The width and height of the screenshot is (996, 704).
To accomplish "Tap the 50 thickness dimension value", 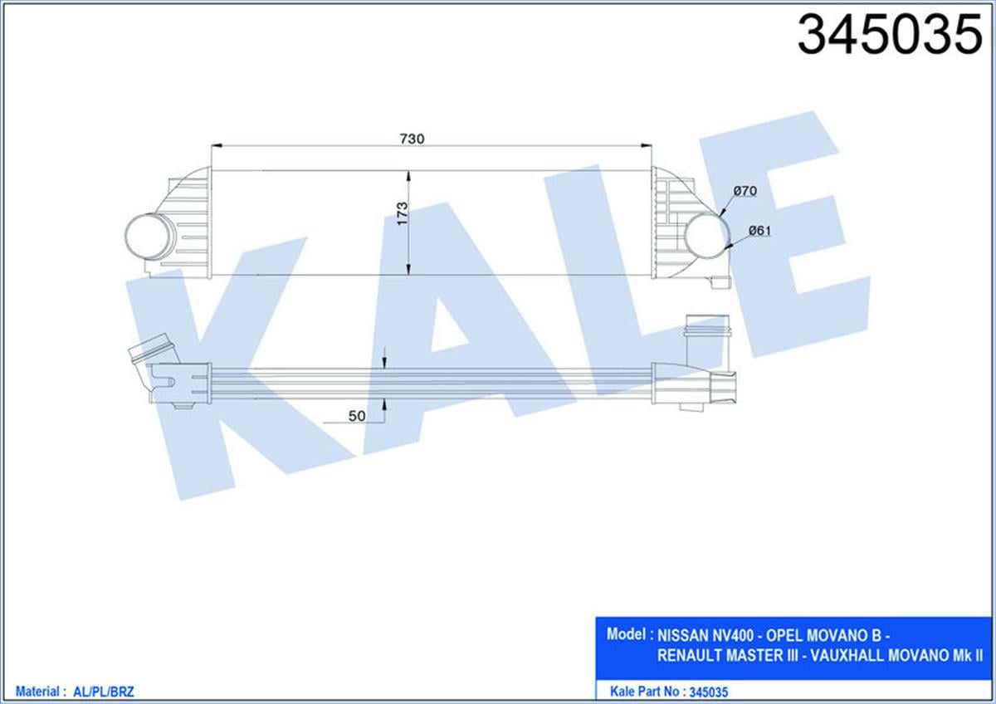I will (x=358, y=417).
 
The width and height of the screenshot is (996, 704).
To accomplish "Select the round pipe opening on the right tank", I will (x=705, y=233).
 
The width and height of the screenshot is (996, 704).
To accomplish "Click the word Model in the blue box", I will (x=627, y=634).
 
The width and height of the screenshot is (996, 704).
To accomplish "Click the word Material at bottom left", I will (x=36, y=691).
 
